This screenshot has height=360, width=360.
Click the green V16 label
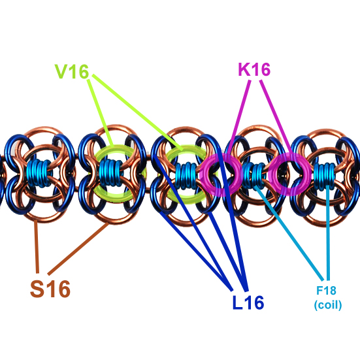[72, 72]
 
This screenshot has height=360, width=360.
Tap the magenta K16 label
[254, 69]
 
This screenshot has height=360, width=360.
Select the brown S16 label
[50, 289]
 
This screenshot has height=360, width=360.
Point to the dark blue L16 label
[248, 303]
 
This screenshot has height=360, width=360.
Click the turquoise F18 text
[326, 291]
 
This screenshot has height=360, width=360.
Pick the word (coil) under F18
[327, 305]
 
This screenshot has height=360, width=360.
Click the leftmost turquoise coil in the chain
[39, 173]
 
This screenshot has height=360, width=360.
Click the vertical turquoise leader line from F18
[328, 233]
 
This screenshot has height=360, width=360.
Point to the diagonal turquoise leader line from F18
[289, 233]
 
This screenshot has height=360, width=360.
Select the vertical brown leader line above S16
[37, 246]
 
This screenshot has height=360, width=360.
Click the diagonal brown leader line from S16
[78, 249]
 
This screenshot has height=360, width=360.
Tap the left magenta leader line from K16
[239, 118]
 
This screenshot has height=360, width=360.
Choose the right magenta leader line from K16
[276, 117]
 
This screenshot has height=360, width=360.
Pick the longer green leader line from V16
[138, 112]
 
